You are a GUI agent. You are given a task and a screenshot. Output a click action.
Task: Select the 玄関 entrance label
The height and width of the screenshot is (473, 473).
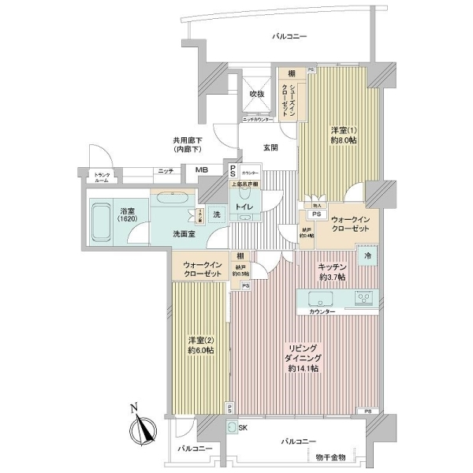270,147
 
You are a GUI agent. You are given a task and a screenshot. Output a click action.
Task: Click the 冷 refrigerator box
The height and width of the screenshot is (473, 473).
367,257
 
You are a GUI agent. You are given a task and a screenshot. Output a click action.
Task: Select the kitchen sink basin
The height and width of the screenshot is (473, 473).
321,299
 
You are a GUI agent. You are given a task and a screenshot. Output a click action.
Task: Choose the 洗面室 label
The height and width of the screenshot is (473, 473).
184,233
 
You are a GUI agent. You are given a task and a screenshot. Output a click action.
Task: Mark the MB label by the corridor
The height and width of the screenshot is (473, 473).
201,170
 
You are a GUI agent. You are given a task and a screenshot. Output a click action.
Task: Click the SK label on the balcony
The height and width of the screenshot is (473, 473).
243,427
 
